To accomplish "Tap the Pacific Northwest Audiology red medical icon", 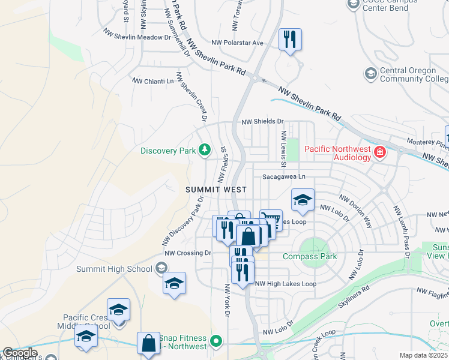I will tap(379, 152).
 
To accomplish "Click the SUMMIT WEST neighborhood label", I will tap(216, 189).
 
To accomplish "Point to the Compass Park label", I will tap(310, 256).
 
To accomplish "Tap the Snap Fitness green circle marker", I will tap(217, 343).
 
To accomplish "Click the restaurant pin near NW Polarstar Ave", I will tap(290, 40).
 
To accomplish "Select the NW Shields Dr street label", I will tap(262, 122).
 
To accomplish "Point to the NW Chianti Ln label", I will tap(152, 80).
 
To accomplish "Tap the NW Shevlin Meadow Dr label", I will tap(137, 37).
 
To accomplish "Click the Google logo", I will tap(20, 353).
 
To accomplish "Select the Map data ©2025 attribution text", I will tap(424, 355).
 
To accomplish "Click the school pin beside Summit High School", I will tap(174, 283).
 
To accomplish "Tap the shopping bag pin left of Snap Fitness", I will tap(148, 344).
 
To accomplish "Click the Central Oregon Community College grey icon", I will tap(370, 74).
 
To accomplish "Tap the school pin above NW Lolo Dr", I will tap(303, 200).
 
